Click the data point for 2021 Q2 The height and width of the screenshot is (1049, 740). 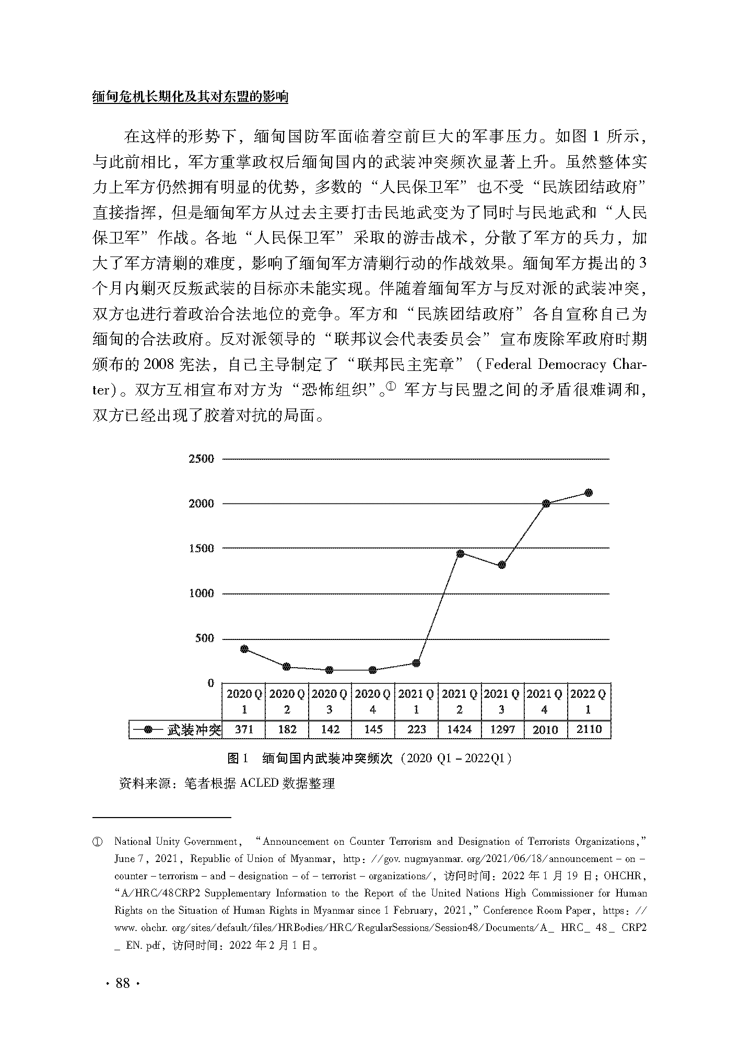coord(460,553)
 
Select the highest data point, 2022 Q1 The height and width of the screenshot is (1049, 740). coord(589,493)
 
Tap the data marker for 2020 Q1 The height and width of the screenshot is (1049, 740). coord(244,649)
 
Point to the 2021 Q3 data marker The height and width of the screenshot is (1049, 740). coord(502,565)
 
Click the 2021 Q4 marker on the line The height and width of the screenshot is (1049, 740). coord(546,504)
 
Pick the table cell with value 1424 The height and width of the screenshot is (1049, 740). coord(460,729)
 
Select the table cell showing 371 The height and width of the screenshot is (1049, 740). coord(244,729)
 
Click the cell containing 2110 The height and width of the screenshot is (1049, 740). coord(589,729)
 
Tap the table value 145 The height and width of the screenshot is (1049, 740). coord(373,729)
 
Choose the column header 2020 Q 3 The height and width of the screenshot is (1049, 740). coord(330,701)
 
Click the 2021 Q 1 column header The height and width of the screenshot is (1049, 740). coord(416,701)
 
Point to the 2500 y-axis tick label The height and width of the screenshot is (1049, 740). coord(201,459)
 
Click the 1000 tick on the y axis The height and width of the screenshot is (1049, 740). coord(201,593)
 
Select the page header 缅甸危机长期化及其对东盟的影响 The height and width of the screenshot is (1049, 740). coord(190,97)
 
